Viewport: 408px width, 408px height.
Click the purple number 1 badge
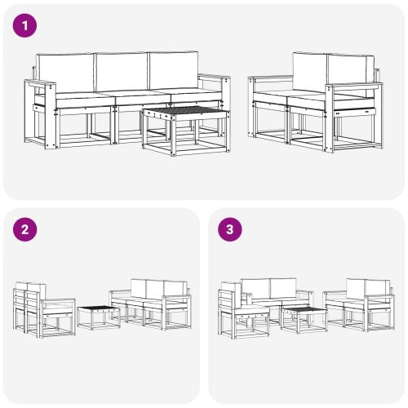coord(26,26)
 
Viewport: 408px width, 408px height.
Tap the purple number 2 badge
coord(26,229)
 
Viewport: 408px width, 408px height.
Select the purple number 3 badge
coord(230,229)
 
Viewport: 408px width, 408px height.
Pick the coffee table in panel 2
coord(99,316)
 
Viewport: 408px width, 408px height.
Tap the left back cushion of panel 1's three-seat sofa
coord(66,73)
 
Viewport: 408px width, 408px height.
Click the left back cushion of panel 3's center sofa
coord(255,288)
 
